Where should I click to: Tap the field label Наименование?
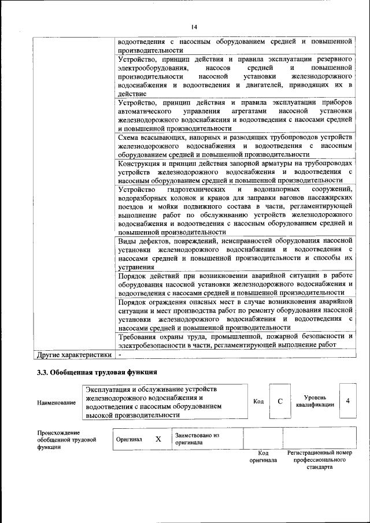pos(56,402)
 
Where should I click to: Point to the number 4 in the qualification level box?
pos(347,400)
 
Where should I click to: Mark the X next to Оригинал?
pos(158,439)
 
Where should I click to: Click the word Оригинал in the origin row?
pos(129,439)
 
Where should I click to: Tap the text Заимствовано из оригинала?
pos(197,439)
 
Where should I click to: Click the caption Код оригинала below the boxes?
pos(263,457)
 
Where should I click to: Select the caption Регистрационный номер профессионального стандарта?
pos(319,460)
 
